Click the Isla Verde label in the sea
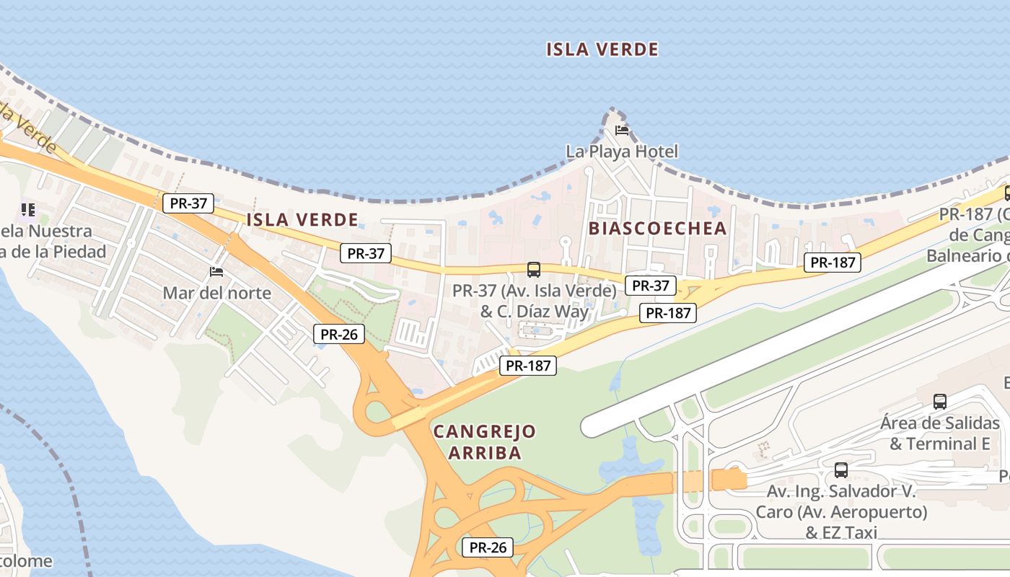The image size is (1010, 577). pos(602,50)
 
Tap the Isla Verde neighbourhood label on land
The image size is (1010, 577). pos(302,220)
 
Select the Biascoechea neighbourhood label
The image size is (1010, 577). pos(658,229)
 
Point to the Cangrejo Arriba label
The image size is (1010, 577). pos(484,442)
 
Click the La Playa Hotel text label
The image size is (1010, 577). pos(622,151)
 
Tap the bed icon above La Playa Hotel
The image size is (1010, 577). pos(622,131)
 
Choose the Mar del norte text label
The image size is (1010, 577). pos(216,293)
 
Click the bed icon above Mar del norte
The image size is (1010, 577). pos(216,272)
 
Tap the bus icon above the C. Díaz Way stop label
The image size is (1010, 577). pos(534,270)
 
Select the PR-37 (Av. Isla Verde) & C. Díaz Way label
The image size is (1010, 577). pos(535,301)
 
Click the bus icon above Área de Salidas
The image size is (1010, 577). pos(939,402)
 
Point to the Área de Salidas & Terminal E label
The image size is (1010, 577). pos(939,433)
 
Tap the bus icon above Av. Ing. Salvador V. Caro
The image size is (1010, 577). pos(841,471)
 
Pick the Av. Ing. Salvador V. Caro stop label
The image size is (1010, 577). pos(841,512)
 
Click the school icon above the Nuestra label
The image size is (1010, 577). pos(28,210)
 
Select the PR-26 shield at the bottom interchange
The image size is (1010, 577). pos(488,547)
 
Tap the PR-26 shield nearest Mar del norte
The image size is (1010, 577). pos(339,334)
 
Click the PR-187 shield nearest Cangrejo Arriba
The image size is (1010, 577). pos(528,366)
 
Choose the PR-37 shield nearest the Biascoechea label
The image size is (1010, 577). pos(650,286)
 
